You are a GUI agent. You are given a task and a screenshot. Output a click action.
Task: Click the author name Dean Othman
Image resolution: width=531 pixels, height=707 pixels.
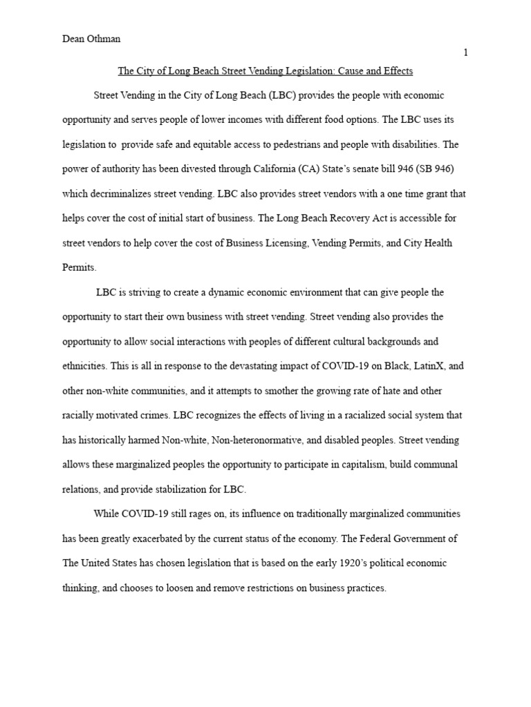(x=91, y=39)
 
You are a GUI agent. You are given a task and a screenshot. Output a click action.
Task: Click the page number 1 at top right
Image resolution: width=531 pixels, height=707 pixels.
(x=465, y=53)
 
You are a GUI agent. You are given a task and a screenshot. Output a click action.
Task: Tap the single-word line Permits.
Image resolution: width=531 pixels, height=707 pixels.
(x=80, y=267)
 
